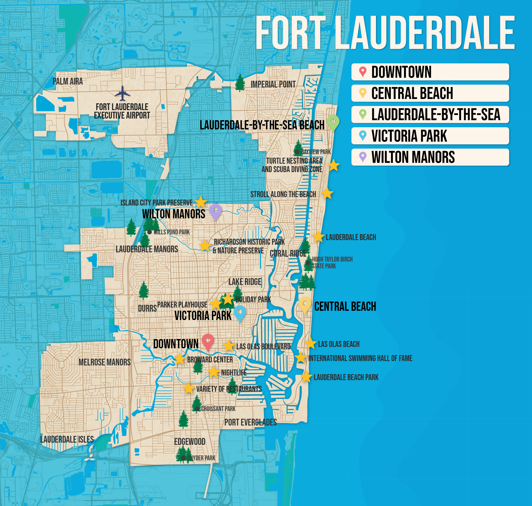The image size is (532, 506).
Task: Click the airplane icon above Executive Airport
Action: [x=122, y=94]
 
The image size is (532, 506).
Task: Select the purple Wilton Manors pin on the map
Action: [x=215, y=211]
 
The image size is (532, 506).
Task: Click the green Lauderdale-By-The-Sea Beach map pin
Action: [x=333, y=122]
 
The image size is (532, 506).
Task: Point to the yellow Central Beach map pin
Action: [x=305, y=304]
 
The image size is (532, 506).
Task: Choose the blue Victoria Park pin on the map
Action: [x=240, y=313]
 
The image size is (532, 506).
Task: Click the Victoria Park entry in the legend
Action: [x=430, y=136]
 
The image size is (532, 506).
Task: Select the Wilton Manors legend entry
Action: [x=430, y=157]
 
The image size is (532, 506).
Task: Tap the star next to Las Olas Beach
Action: [x=310, y=343]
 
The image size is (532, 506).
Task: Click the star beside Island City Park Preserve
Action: [x=201, y=202]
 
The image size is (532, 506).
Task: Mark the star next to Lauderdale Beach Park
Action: [x=306, y=377]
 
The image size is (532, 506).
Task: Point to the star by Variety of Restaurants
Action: [x=189, y=388]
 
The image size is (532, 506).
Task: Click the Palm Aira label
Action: [x=68, y=81]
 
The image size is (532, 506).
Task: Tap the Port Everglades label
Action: [x=251, y=422]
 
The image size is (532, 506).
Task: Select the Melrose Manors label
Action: [x=105, y=362]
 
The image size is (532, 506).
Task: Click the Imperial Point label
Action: [x=273, y=85]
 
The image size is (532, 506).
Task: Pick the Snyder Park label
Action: [x=201, y=458]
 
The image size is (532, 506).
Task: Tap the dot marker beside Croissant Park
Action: [x=197, y=409]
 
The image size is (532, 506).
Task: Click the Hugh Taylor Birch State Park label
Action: [x=332, y=263]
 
